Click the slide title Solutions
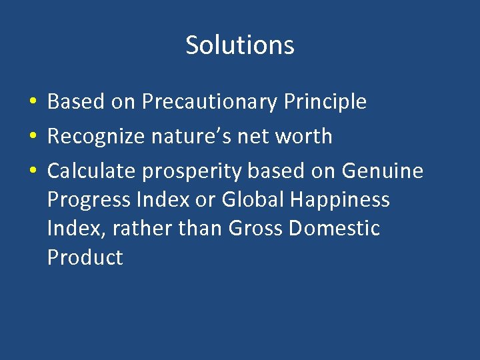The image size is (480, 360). click(x=240, y=45)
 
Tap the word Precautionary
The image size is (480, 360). click(x=210, y=102)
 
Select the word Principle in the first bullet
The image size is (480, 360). click(x=325, y=102)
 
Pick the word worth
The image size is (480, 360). click(x=304, y=137)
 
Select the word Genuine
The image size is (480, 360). click(x=382, y=171)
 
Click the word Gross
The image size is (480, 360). click(x=256, y=229)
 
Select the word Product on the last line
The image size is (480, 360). click(x=85, y=258)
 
